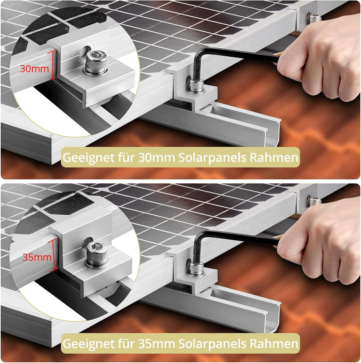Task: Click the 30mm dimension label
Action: [34, 69]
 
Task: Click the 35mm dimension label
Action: [37, 257]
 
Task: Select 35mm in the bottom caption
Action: [156, 343]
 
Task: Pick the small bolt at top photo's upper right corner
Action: [315, 18]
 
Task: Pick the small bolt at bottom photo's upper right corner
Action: [315, 201]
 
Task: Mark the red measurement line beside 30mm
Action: [52, 65]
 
